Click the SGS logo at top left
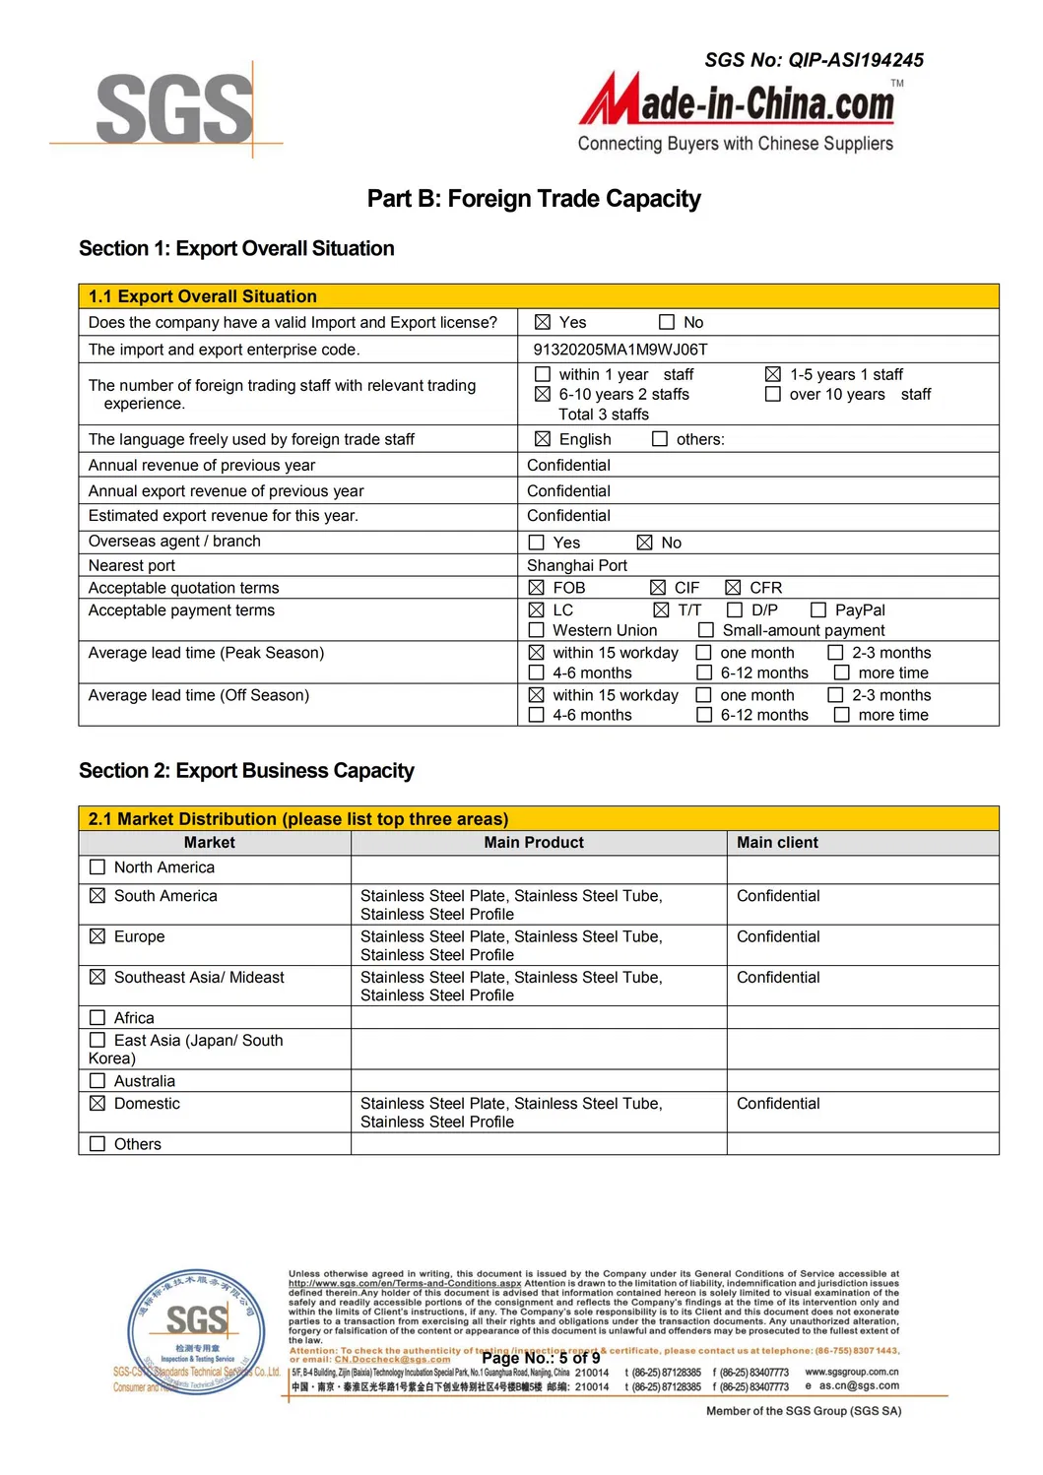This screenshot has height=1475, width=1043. tap(174, 109)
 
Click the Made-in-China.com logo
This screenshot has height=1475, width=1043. tap(740, 102)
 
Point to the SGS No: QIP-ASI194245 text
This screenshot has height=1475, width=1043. tap(814, 60)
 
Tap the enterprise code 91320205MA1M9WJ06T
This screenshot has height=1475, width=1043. tap(619, 350)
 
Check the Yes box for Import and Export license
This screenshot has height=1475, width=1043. tap(543, 323)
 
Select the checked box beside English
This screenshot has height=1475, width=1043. tap(543, 439)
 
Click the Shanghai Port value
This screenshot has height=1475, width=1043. tap(576, 565)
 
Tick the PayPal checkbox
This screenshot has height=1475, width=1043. tap(818, 610)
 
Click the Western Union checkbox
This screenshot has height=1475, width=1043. tap(537, 630)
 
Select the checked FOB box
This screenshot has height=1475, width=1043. tap(537, 588)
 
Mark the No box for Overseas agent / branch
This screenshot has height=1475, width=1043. tap(645, 543)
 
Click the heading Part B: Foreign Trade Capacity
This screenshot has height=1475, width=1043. tap(533, 199)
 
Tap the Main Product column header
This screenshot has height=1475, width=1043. tap(534, 843)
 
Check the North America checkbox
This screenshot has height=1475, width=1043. tap(98, 867)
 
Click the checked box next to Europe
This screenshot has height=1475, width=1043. tap(98, 936)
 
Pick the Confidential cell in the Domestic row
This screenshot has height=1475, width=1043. tap(778, 1104)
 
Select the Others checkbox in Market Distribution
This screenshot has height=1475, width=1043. tap(98, 1144)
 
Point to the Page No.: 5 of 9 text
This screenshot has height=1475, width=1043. tap(541, 1358)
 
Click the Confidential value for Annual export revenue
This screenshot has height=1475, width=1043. tap(568, 491)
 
